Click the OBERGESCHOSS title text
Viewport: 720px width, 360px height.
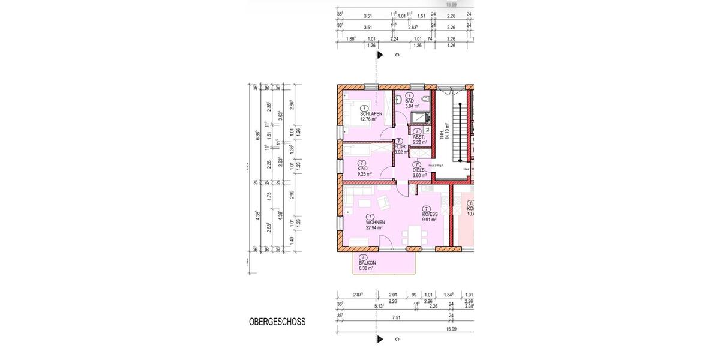[277, 322]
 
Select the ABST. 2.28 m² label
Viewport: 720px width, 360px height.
[419, 139]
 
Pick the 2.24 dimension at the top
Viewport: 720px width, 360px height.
[394, 38]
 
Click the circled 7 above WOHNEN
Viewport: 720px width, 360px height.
[370, 217]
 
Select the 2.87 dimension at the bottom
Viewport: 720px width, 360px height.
[358, 295]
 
